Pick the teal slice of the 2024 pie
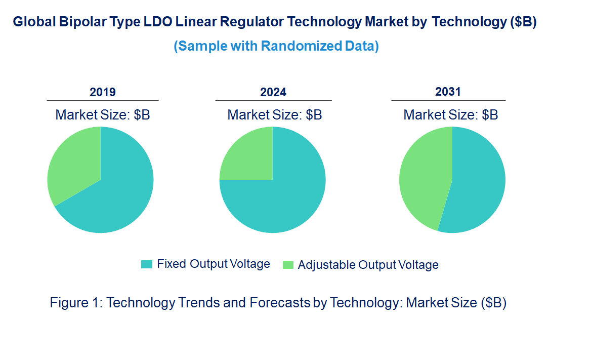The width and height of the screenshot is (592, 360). pyautogui.click(x=283, y=197)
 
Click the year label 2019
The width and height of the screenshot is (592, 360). pyautogui.click(x=103, y=92)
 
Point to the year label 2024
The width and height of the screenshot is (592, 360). pyautogui.click(x=273, y=92)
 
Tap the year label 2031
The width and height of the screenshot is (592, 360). pyautogui.click(x=448, y=92)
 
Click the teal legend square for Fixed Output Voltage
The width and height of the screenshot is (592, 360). pyautogui.click(x=147, y=264)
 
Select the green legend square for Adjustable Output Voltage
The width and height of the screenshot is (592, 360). pyautogui.click(x=288, y=264)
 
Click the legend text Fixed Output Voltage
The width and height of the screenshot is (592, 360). pyautogui.click(x=213, y=264)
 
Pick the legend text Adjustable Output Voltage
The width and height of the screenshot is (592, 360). pyautogui.click(x=368, y=265)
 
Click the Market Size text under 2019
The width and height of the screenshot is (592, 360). pyautogui.click(x=103, y=114)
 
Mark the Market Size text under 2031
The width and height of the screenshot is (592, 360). pyautogui.click(x=450, y=114)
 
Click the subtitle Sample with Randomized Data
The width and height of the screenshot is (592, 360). pyautogui.click(x=276, y=46)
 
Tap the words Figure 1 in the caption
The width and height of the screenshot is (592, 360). pyautogui.click(x=76, y=303)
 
